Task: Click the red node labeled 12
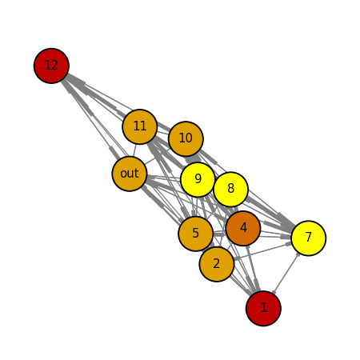pos(51,66)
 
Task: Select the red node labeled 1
pos(263,308)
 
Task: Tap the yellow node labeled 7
pos(309,238)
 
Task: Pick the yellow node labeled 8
pos(231,189)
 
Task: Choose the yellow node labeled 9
pos(198,179)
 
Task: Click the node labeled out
pos(130,174)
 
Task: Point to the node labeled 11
pos(140,126)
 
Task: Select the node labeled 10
pos(186,138)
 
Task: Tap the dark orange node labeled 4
pos(243,228)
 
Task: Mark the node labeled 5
pos(196,234)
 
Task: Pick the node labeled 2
pos(217,264)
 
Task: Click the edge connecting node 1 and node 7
pos(286,273)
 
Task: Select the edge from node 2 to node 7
pos(262,251)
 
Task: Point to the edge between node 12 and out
pos(90,120)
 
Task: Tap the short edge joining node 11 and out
pos(134,150)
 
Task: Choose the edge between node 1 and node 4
pos(254,268)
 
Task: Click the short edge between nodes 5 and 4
pos(219,233)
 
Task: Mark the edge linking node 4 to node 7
pos(276,234)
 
